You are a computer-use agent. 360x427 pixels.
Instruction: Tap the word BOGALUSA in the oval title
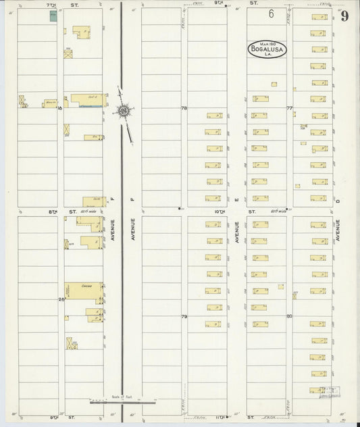(265, 49)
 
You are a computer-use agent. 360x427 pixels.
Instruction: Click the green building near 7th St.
(53, 15)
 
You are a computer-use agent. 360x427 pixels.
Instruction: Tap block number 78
(183, 107)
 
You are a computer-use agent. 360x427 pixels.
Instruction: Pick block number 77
(289, 107)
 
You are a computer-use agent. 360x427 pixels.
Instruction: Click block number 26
(61, 299)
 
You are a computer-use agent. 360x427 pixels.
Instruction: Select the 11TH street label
(220, 418)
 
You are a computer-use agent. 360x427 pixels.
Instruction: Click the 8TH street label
(52, 211)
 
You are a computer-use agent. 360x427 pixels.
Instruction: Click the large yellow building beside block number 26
(83, 290)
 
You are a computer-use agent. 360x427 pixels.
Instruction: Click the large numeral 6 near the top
(271, 14)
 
